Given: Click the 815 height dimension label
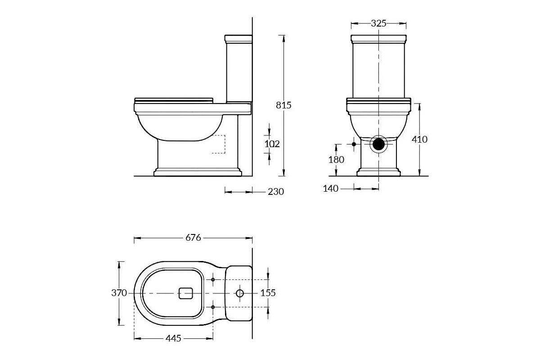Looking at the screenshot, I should click(284, 105).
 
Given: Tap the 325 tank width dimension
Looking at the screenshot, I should click(378, 23).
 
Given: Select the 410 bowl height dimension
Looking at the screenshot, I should click(419, 139).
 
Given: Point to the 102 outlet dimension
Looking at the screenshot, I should click(272, 144).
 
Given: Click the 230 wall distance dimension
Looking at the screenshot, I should click(276, 192).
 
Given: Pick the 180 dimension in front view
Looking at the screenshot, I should click(336, 159).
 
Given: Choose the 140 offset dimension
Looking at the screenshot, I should click(331, 189).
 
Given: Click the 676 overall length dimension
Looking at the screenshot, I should click(193, 238).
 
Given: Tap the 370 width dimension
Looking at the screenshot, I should click(119, 293).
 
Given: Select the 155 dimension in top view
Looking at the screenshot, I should click(268, 293).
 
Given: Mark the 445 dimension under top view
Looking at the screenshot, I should click(173, 338).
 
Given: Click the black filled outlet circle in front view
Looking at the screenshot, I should click(379, 144).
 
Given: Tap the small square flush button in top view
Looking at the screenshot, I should click(186, 293).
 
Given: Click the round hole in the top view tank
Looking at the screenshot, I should click(239, 293).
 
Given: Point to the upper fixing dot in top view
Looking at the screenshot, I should click(213, 280).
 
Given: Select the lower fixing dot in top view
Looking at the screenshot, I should click(213, 307).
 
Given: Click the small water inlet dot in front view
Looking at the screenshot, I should click(354, 144).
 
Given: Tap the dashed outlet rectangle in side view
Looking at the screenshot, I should click(218, 144).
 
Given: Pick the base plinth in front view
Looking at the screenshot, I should click(378, 172).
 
